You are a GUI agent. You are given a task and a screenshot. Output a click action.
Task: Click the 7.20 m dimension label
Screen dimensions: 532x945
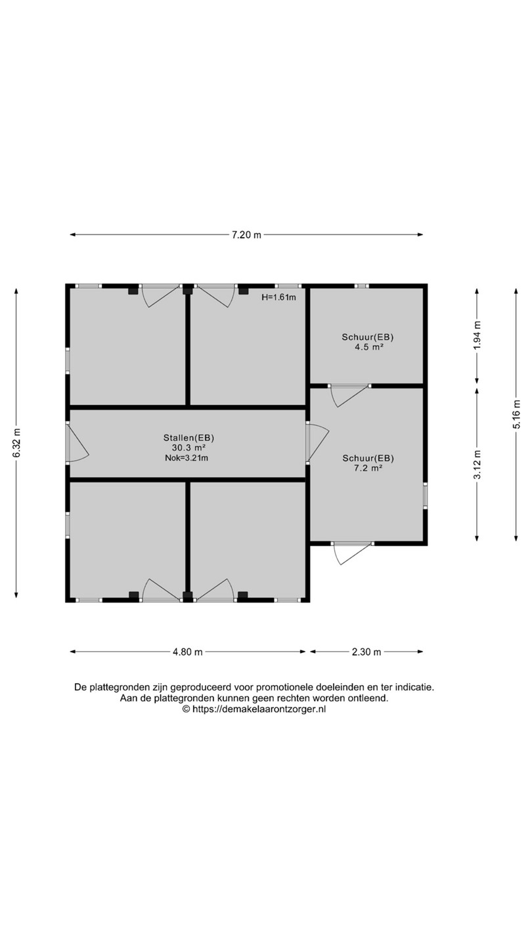click(246, 235)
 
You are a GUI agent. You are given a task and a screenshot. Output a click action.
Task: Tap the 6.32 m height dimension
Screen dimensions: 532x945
click(16, 443)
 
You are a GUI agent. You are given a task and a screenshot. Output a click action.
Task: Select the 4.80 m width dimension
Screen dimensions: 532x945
click(187, 652)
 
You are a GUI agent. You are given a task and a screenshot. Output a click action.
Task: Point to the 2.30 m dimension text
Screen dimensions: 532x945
click(366, 652)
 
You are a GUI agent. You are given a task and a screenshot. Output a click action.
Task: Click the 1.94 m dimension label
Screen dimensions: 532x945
click(477, 335)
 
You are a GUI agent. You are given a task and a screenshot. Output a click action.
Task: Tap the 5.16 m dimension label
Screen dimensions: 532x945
click(517, 414)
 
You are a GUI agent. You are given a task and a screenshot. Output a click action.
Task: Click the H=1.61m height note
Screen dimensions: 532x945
click(278, 297)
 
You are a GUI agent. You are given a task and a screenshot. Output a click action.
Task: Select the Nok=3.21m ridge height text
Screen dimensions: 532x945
click(187, 458)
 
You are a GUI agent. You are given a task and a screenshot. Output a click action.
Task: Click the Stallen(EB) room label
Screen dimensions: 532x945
click(187, 438)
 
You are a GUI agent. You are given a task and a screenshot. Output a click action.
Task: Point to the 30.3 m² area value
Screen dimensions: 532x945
click(187, 448)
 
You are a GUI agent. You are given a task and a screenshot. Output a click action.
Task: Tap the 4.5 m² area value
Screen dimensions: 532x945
click(368, 347)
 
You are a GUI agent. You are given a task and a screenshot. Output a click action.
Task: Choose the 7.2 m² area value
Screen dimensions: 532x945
click(368, 467)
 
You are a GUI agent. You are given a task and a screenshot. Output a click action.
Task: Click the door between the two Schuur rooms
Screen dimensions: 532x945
click(349, 395)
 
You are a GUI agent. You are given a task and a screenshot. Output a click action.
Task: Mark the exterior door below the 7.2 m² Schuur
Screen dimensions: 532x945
click(353, 553)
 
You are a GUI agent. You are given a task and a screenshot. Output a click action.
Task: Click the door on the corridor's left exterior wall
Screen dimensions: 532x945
click(77, 443)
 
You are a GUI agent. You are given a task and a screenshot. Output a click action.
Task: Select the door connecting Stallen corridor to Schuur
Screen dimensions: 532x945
click(317, 443)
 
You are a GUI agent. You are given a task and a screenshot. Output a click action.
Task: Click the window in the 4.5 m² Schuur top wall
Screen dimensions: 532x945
click(361, 285)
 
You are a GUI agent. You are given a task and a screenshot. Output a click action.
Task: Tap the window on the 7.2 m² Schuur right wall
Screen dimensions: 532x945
click(425, 495)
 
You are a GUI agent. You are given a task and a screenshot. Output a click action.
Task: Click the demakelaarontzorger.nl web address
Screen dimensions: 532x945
click(259, 709)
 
